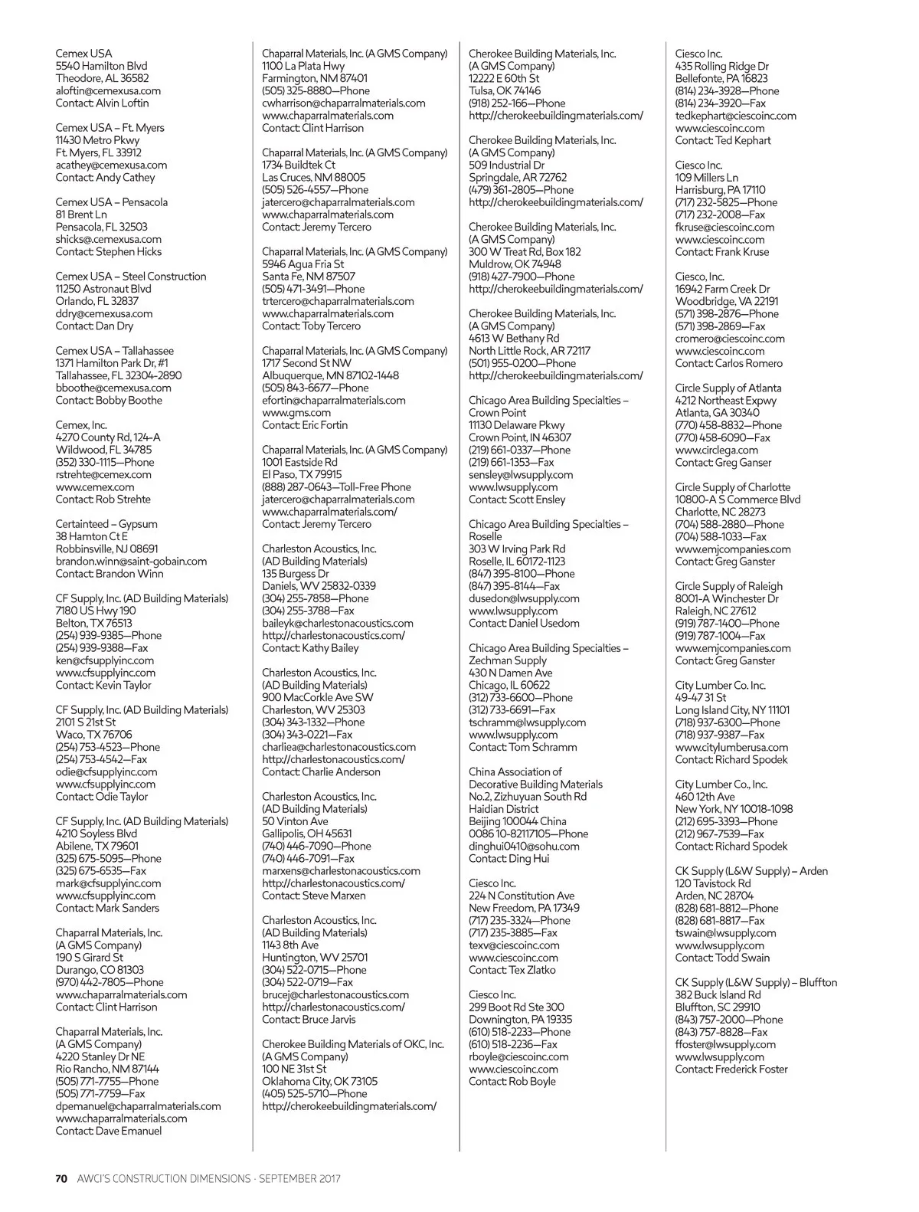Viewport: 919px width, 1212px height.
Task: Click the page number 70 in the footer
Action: coord(62,1178)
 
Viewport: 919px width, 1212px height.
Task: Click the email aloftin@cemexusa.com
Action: coord(108,90)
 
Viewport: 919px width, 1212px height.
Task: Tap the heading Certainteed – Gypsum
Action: coord(106,524)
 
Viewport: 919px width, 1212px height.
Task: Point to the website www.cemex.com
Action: coord(94,486)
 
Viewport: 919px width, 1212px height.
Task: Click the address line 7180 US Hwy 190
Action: coord(96,611)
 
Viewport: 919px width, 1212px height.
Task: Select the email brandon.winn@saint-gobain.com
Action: coord(131,561)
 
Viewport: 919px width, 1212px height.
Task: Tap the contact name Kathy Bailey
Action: coord(330,647)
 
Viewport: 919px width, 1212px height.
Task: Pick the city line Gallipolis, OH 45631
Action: coord(307,834)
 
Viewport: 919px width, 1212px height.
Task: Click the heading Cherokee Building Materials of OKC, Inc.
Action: coord(352,1043)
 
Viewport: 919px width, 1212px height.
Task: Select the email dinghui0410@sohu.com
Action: coord(524,846)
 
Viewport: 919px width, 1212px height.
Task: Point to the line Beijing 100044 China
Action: coord(518,821)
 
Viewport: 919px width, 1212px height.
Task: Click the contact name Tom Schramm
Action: coord(543,747)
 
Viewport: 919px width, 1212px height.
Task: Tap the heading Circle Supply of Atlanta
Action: coord(728,388)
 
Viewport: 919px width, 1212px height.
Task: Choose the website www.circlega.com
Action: coord(716,450)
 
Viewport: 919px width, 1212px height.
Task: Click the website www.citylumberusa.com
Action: coord(731,747)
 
